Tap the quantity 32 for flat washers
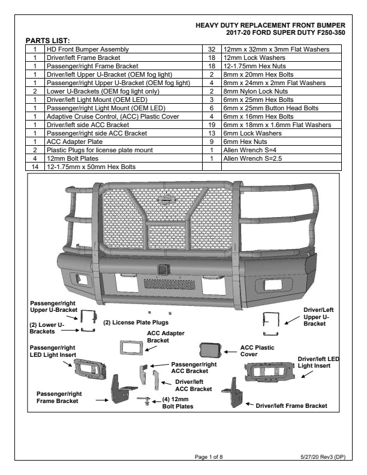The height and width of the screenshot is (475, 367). pos(212,48)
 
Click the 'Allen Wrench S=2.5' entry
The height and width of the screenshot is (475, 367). pos(249,158)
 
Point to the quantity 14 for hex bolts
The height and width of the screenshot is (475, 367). pos(35,166)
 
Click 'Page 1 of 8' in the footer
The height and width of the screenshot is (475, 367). pos(209,457)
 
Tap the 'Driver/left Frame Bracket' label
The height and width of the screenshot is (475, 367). pos(291,406)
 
